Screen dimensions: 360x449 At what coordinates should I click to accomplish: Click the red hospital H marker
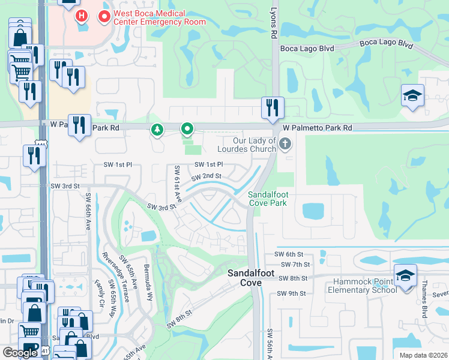82,16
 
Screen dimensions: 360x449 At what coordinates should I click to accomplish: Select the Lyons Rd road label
273,27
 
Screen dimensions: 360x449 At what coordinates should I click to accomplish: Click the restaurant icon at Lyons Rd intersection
273,108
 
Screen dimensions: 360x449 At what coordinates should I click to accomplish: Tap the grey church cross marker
285,143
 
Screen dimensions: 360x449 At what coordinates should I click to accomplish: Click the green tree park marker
157,129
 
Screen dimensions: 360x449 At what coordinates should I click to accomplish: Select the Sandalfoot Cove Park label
268,199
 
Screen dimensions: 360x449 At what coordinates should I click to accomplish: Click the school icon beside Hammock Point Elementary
405,275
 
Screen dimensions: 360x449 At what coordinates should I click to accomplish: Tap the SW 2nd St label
206,176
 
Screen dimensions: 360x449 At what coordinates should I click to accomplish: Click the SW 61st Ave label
178,184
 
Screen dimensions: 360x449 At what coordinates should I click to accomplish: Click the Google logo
20,353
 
